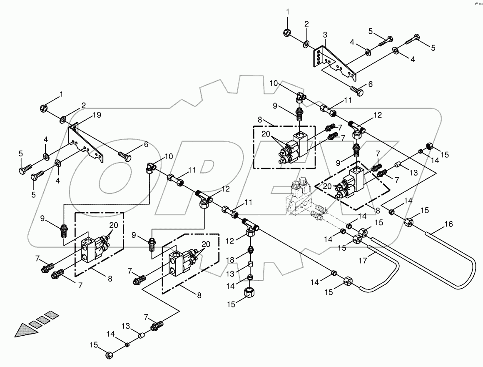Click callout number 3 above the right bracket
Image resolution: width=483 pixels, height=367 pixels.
325,34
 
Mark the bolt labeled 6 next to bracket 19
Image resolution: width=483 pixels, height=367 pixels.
125,157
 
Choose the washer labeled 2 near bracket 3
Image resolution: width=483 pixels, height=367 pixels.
306,43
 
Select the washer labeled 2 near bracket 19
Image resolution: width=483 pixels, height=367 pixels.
62,120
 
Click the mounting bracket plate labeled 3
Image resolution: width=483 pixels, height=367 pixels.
333,63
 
